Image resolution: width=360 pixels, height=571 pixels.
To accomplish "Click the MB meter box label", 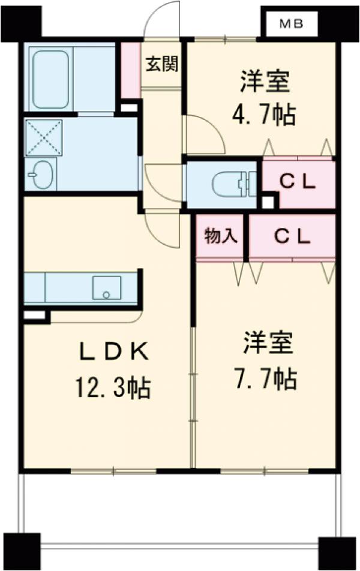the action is pos(292,23).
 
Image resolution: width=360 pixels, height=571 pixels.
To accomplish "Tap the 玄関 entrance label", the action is pos(163,64).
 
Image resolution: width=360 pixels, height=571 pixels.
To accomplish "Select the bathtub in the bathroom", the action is pos(50,79).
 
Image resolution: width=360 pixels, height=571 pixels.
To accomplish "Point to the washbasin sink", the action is pos(40,175).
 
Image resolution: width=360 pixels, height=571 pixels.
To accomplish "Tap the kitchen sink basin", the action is pos(106,288).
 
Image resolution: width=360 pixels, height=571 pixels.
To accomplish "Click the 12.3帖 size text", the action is pos(113,388).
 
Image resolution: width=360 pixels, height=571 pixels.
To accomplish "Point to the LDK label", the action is pos(113,352).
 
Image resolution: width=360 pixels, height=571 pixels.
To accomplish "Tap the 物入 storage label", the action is pos(221,236).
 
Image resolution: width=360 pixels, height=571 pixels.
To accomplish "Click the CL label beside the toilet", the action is pos(298,182).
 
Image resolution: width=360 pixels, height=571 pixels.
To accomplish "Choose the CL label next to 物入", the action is pos(293,236).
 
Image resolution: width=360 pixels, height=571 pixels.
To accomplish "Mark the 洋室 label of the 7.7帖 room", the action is pos(268,342).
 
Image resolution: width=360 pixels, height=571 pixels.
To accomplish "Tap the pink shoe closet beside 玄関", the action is pos(131,70).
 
